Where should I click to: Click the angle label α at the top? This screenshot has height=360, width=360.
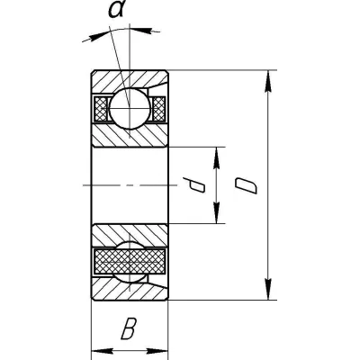(117, 11)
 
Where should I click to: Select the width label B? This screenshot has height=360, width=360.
(129, 329)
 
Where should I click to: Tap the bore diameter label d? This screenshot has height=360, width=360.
(194, 184)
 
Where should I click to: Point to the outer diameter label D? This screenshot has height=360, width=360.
(246, 185)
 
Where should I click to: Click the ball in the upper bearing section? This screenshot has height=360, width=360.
(130, 108)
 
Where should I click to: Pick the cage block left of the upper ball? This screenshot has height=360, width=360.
(101, 109)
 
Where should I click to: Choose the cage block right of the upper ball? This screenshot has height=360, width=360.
(158, 109)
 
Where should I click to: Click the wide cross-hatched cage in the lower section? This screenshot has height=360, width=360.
(130, 261)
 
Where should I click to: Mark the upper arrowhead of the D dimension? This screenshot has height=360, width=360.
(268, 81)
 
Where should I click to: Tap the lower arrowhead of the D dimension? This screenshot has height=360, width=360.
(268, 289)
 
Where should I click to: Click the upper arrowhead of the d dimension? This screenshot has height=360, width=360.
(217, 157)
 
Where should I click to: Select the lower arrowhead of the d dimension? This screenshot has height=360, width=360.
(217, 212)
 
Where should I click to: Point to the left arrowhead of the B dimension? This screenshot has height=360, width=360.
(102, 351)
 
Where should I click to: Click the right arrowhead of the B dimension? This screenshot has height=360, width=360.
(157, 351)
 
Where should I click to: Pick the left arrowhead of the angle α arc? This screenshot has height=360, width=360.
(93, 37)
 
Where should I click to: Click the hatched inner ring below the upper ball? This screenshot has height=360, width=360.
(130, 135)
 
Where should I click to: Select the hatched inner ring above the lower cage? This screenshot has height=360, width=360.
(130, 236)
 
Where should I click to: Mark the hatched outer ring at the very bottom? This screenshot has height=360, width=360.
(130, 289)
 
